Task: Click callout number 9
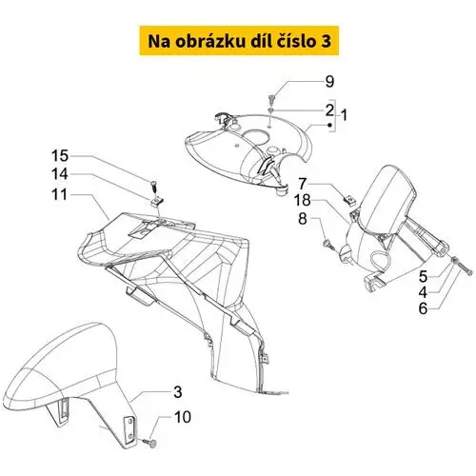(x=330, y=82)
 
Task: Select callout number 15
(x=60, y=156)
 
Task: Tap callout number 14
(x=60, y=174)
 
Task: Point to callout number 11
(x=60, y=194)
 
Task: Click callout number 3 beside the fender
(x=178, y=392)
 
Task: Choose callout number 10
(x=183, y=417)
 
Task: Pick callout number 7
(x=303, y=184)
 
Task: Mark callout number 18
(x=303, y=200)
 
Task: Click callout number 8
(x=303, y=219)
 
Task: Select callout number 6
(x=423, y=308)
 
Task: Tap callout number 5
(x=423, y=276)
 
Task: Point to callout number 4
(x=423, y=292)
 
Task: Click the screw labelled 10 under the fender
(x=149, y=442)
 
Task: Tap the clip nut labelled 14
(x=157, y=202)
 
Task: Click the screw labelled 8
(x=327, y=245)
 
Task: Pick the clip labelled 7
(x=349, y=201)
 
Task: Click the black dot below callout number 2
(x=330, y=126)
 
